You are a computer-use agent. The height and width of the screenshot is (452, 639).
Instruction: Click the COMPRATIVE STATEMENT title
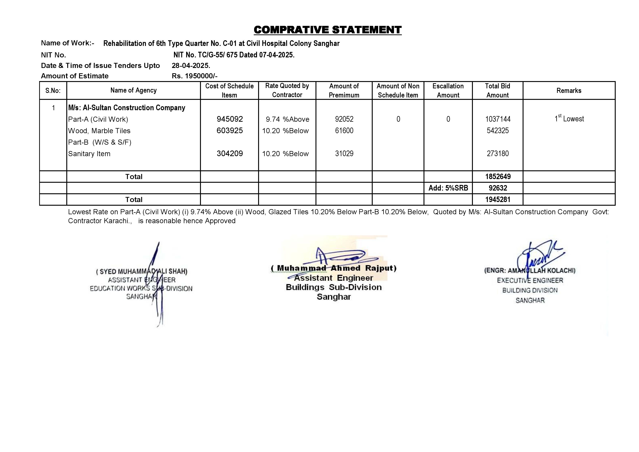tap(328, 30)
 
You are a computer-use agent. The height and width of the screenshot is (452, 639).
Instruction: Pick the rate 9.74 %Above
tap(287, 119)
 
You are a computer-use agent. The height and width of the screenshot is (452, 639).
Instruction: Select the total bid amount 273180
tap(498, 154)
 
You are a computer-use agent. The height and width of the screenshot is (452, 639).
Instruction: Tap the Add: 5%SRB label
tap(448, 188)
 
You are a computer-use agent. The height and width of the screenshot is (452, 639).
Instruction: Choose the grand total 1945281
tap(498, 199)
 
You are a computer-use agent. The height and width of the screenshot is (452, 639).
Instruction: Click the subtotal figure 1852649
tap(498, 177)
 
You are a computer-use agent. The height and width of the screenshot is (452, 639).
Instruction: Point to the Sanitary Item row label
tap(89, 154)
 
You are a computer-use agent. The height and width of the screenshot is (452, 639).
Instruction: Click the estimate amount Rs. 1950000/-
tap(195, 76)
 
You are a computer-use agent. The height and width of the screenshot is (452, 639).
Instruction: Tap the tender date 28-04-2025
tap(191, 66)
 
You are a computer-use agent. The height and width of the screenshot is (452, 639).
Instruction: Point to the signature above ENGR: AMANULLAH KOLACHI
tap(537, 257)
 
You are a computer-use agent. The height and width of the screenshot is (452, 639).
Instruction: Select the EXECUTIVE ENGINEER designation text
tap(530, 281)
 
